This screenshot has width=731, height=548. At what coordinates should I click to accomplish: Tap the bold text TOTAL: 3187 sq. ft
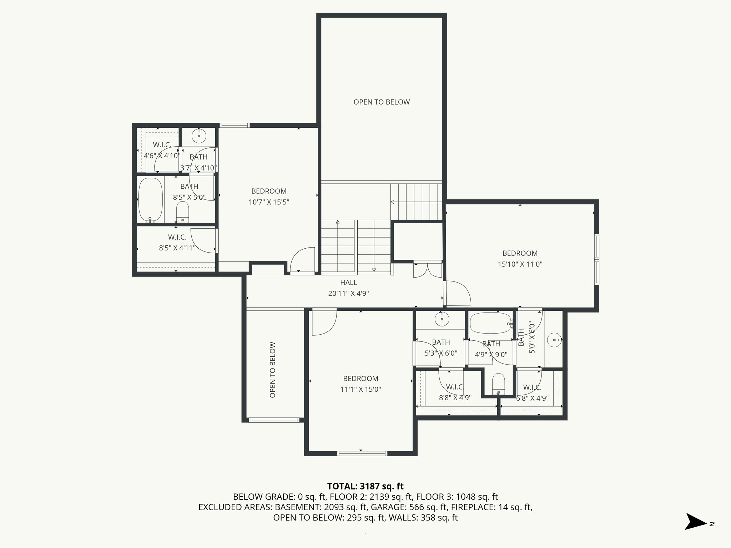tap(365, 486)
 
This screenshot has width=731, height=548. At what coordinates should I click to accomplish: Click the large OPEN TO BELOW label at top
tap(382, 102)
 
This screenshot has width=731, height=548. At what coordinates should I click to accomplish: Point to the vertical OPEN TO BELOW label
tap(273, 370)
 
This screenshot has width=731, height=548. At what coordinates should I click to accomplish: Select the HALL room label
tap(348, 283)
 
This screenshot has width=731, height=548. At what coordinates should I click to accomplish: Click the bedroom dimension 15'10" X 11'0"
tap(520, 264)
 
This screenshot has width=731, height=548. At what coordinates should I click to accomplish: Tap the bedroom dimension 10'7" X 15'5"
tap(269, 202)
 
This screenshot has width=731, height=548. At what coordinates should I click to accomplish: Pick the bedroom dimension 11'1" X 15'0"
tap(361, 390)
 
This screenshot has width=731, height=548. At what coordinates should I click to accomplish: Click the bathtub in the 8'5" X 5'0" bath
tap(151, 200)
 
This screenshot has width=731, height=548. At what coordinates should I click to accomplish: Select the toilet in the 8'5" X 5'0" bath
tap(183, 211)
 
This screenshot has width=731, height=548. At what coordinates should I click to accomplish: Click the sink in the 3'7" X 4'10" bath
tap(198, 136)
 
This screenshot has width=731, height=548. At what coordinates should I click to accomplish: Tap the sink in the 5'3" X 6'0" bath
tap(442, 319)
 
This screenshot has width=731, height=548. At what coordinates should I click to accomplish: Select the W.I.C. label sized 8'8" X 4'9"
tap(455, 387)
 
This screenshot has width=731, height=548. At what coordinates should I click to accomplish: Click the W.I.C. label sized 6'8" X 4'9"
tap(532, 387)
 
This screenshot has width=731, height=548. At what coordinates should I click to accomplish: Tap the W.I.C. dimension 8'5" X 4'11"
tap(177, 248)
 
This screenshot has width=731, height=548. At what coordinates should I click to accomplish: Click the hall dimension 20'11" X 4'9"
tap(348, 294)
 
